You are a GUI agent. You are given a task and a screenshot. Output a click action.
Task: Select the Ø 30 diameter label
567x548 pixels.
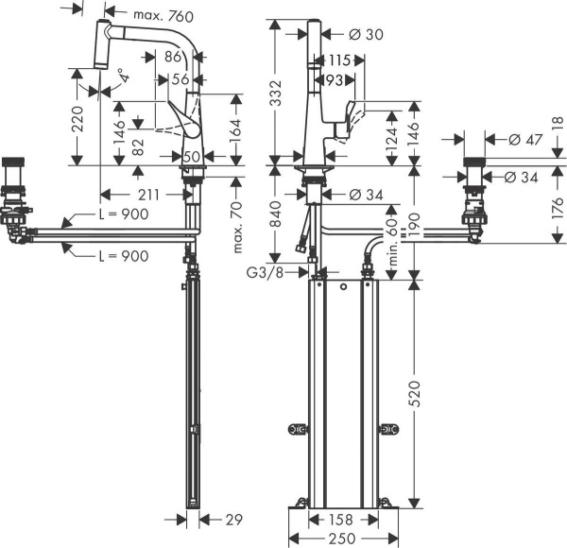click(x=365, y=35)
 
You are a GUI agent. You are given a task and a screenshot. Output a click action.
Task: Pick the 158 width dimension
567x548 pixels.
click(x=341, y=519)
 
